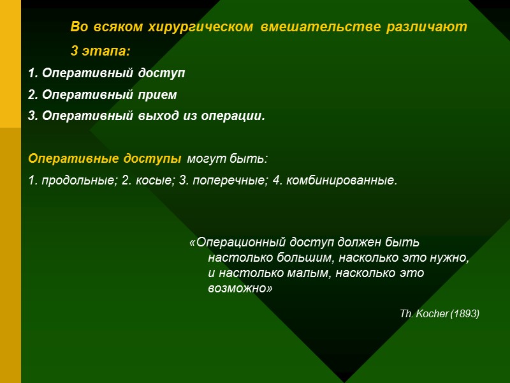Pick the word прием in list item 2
pyautogui.click(x=159, y=95)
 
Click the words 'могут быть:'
pyautogui.click(x=226, y=158)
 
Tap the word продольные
pyautogui.click(x=78, y=181)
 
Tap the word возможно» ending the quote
pyautogui.click(x=240, y=289)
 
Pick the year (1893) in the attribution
pyautogui.click(x=465, y=314)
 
